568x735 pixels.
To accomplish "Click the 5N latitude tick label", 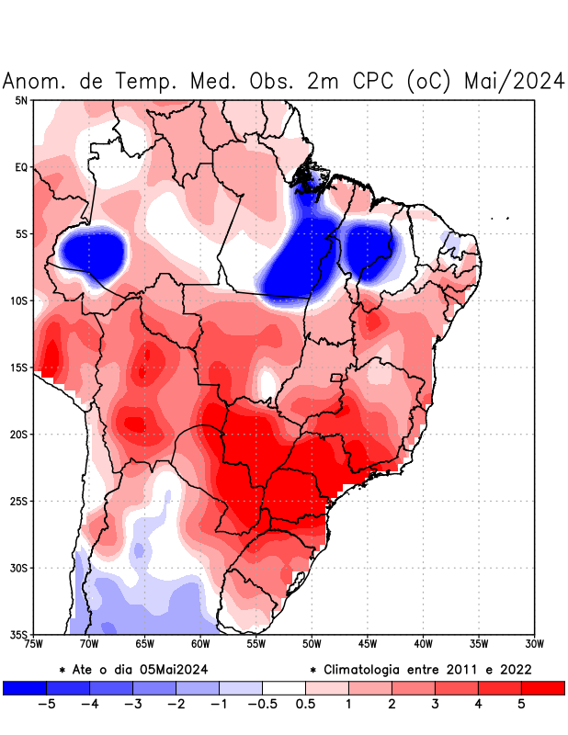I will (x=21, y=100).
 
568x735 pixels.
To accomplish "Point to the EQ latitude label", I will (x=21, y=167).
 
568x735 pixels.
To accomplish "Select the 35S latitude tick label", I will (x=18, y=634).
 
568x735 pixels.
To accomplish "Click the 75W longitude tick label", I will (x=33, y=644).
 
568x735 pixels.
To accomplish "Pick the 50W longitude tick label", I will (x=312, y=644).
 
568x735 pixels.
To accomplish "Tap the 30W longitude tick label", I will (x=535, y=644).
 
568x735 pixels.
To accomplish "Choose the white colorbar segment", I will (x=283, y=687).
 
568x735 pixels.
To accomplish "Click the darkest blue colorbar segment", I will (x=25, y=687).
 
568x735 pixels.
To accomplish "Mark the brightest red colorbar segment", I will (x=542, y=687).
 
